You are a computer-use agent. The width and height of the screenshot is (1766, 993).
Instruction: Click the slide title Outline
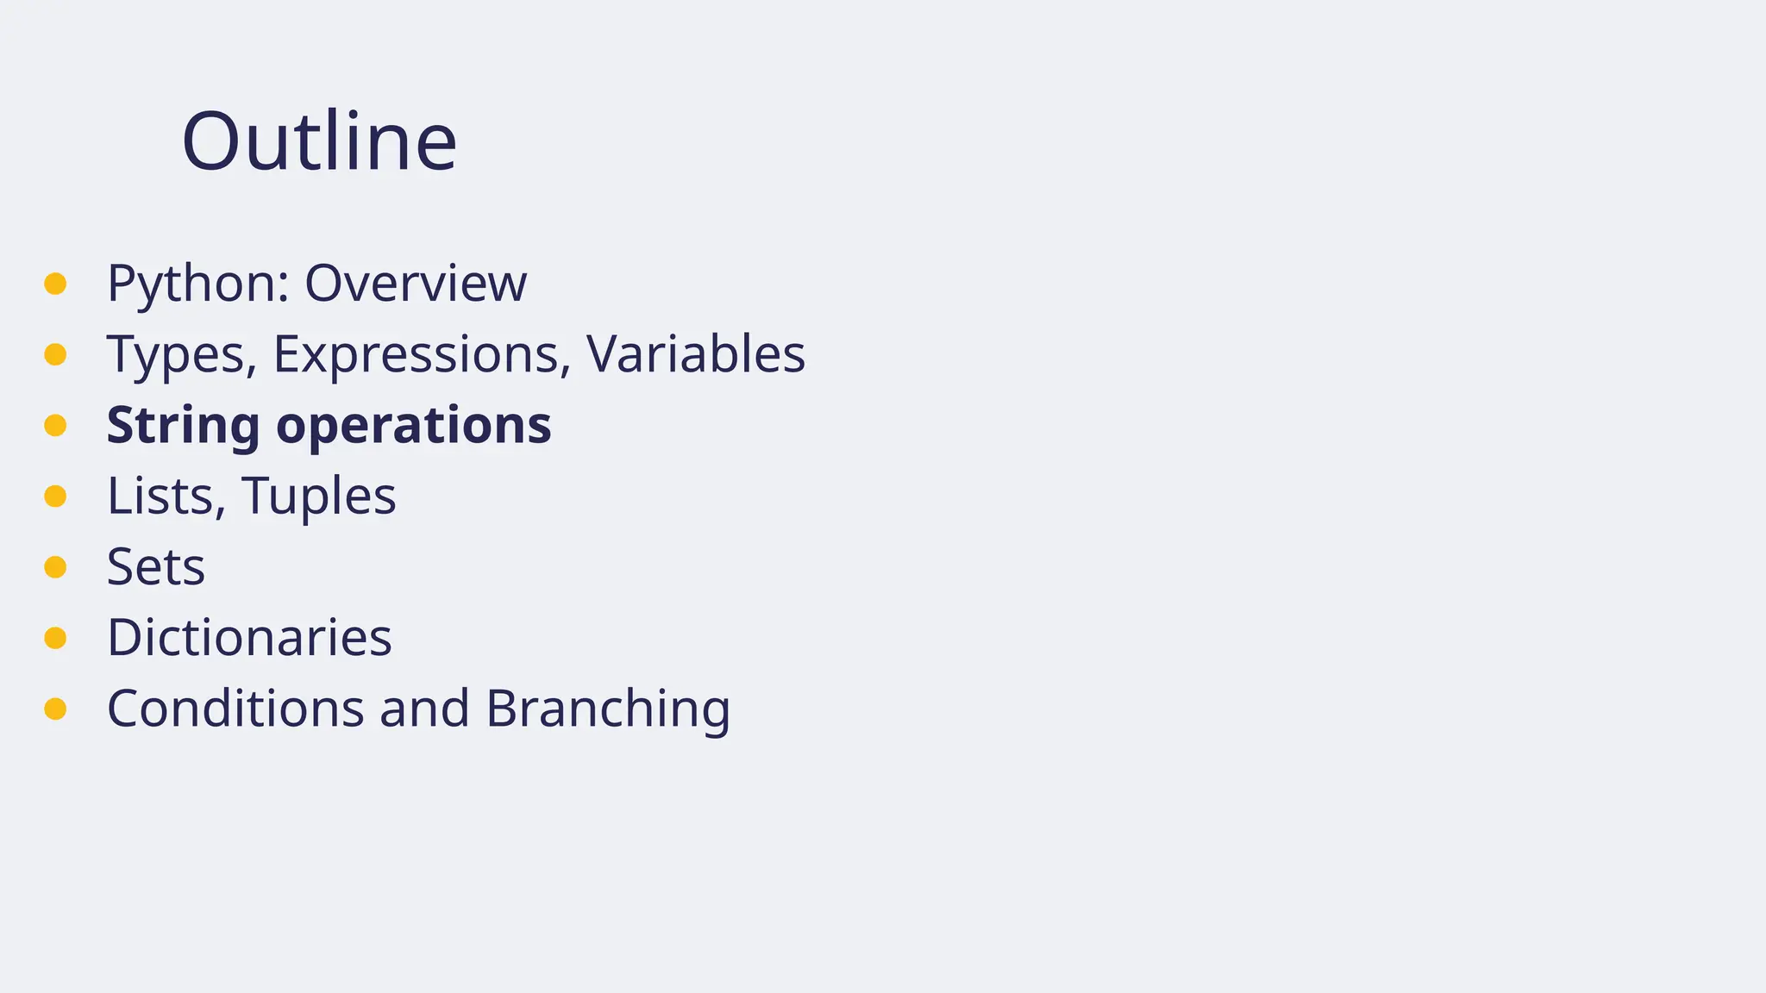[x=319, y=141]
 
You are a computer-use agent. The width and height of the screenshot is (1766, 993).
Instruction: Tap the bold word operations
[x=414, y=426]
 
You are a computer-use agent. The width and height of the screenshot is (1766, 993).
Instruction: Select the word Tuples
[x=319, y=497]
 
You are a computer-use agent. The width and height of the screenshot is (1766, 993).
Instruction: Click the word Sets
[x=156, y=567]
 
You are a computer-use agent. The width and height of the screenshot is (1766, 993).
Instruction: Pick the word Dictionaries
[x=249, y=638]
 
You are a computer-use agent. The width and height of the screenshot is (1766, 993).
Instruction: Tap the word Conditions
[x=235, y=709]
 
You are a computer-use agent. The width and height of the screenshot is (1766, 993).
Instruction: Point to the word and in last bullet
[x=424, y=709]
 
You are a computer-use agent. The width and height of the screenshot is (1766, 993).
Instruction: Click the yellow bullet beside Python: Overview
[x=55, y=284]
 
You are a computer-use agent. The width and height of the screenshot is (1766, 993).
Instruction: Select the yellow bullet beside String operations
[x=55, y=425]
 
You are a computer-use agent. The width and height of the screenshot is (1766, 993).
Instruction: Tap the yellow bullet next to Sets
[x=55, y=566]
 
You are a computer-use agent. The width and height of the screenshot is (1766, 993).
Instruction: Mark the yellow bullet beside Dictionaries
[x=55, y=638]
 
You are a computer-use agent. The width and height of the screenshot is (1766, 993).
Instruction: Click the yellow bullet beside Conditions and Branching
[x=55, y=709]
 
